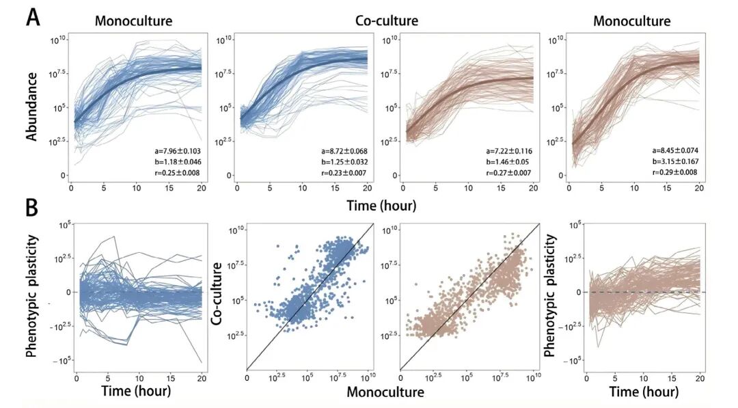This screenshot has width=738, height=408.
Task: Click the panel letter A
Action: (x=33, y=16)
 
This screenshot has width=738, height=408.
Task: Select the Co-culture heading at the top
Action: (x=387, y=21)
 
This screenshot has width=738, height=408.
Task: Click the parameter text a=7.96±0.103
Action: (x=172, y=150)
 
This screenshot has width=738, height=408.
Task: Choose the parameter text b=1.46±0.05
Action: (x=508, y=162)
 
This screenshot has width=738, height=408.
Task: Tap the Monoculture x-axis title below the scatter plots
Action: (x=385, y=392)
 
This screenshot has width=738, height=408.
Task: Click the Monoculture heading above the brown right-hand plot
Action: (x=631, y=21)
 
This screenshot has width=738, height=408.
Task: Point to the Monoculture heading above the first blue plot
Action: (x=133, y=21)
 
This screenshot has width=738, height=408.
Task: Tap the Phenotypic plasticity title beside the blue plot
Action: (x=31, y=297)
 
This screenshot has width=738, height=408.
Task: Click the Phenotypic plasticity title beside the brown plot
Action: (x=549, y=297)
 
